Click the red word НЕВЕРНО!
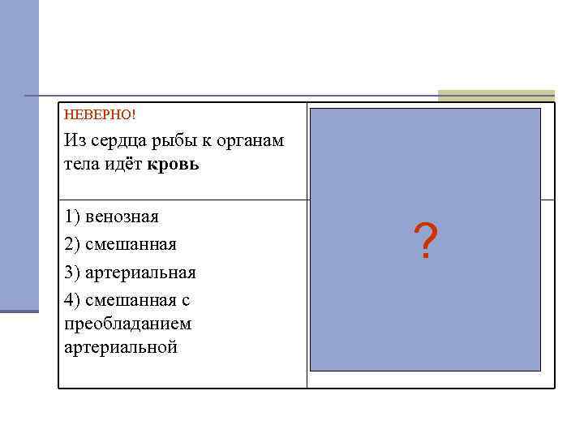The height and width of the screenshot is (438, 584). coord(94,114)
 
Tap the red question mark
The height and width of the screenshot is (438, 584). coord(425,243)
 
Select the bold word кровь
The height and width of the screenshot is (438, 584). coord(174,165)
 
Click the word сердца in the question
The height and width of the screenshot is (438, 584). coord(117,141)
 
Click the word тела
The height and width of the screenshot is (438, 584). coord(84,165)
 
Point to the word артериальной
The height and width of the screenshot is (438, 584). coord(120,347)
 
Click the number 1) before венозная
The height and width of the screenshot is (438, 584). coord(72,217)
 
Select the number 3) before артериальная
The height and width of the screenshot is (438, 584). coord(72,273)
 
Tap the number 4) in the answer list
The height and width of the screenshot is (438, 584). coord(72,300)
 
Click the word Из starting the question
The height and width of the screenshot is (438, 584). coord(74,141)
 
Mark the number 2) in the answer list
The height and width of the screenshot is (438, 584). coord(72,244)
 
